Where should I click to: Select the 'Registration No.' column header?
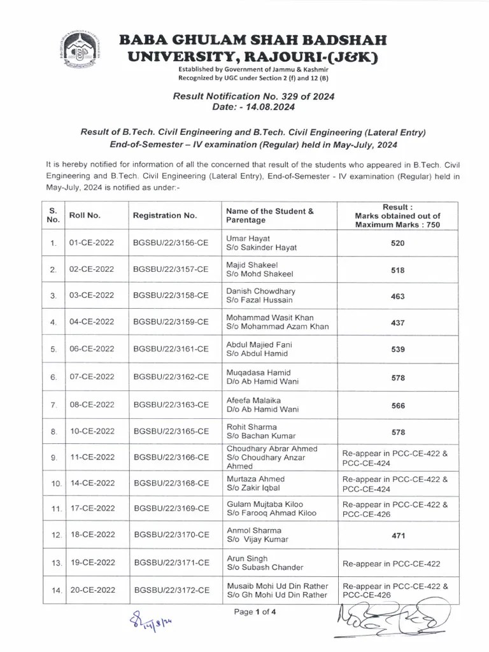coord(164,215)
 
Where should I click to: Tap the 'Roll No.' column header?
coord(85,215)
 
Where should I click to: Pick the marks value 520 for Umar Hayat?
coord(398,243)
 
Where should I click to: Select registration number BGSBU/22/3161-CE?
coord(171,348)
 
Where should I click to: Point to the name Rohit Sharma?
coord(248,427)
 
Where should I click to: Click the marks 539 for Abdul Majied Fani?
coord(398,348)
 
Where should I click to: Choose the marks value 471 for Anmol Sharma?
coord(398,536)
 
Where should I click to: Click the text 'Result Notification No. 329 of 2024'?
coord(253,96)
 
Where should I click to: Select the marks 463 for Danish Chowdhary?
coord(398,295)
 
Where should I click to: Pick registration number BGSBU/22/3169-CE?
coord(171,509)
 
